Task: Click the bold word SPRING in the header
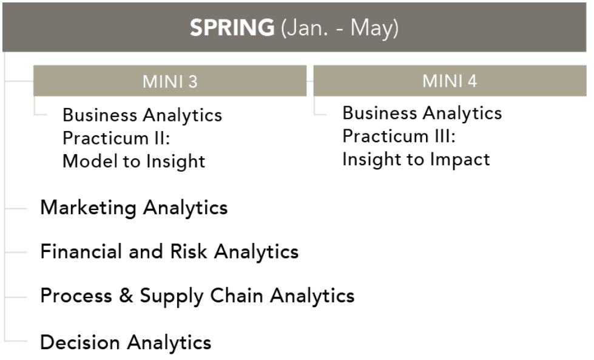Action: [x=232, y=27]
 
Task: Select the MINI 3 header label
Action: [x=170, y=81]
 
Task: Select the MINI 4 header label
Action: [x=450, y=81]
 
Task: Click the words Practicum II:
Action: [x=116, y=138]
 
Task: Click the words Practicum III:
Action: [x=399, y=136]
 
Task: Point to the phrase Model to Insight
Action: [x=133, y=161]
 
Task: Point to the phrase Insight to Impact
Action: [x=416, y=160]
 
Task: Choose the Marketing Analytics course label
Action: [x=134, y=208]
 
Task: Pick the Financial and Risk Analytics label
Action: [x=169, y=251]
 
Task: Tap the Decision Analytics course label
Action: [x=126, y=342]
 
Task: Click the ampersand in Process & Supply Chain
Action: [x=126, y=296]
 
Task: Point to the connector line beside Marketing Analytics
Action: [x=16, y=208]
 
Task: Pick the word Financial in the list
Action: [x=81, y=251]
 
